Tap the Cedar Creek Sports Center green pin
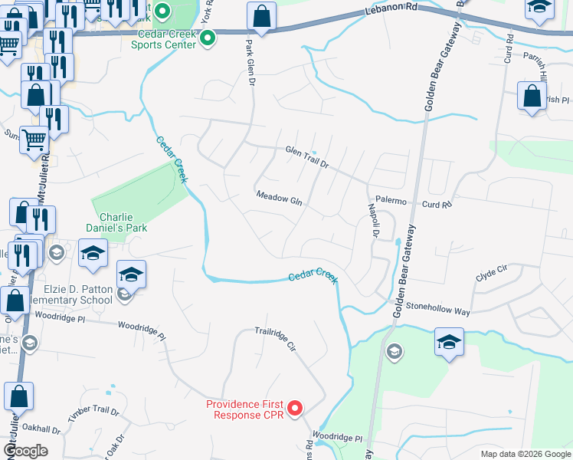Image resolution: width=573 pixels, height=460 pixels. point(206,44)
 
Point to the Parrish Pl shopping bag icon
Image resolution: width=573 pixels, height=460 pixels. point(532,97)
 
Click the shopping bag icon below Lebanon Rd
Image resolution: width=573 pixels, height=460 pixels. point(261,18)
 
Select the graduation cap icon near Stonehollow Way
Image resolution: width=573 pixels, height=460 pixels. point(449,341)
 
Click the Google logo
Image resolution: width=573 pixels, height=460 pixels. point(25,450)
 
